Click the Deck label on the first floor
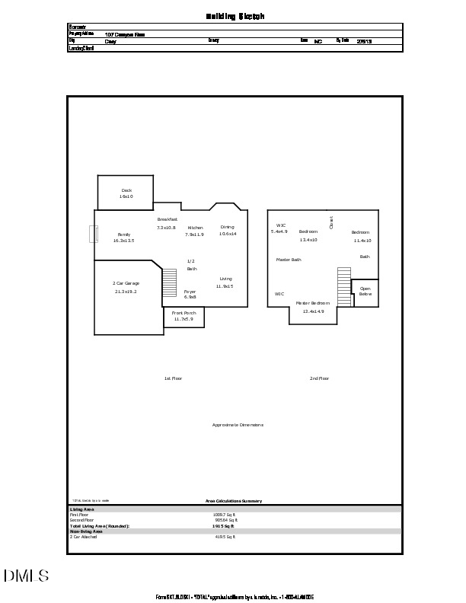(126, 190)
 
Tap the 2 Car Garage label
(126, 283)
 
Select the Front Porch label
(184, 313)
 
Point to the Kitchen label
(195, 228)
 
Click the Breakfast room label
(167, 219)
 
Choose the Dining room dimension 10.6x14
(228, 234)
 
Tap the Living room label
(225, 279)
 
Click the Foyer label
(190, 292)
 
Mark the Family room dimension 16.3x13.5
(123, 241)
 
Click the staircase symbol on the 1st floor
(169, 284)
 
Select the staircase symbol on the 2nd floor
(344, 286)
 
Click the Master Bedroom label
(313, 303)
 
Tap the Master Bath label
(289, 260)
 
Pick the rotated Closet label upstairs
(331, 222)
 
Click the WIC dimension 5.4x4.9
(279, 231)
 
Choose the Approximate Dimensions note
(238, 424)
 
